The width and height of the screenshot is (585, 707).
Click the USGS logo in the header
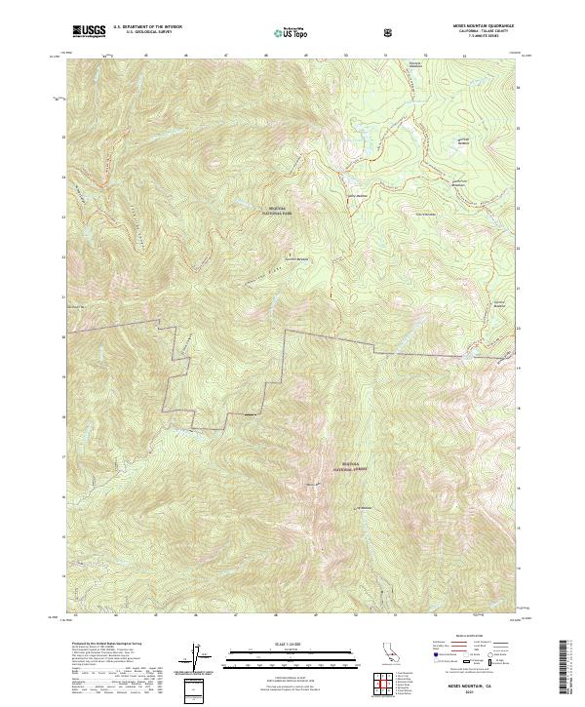[x=89, y=31]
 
